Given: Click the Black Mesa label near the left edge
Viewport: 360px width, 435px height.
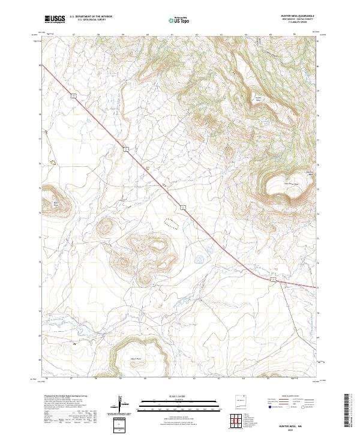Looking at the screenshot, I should coord(58,203).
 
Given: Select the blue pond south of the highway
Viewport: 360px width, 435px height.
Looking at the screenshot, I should coord(199,260).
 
